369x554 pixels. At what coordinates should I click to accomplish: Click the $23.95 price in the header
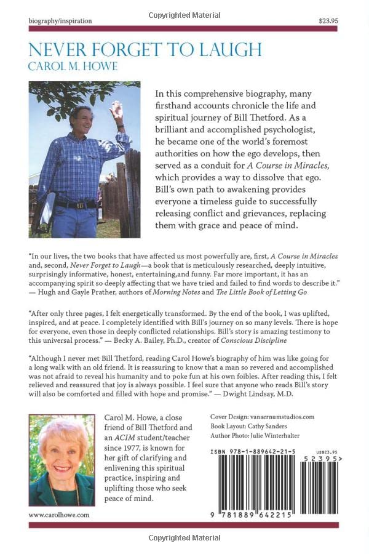[x=328, y=20]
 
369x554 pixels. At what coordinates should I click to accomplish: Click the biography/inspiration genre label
[x=60, y=20]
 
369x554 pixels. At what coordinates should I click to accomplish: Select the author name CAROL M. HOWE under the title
[x=72, y=66]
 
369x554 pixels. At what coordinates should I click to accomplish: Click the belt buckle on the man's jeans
[x=78, y=205]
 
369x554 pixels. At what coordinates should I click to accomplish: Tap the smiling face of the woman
[x=61, y=449]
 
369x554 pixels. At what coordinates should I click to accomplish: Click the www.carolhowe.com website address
[x=59, y=515]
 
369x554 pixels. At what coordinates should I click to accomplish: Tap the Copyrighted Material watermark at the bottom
[x=184, y=539]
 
